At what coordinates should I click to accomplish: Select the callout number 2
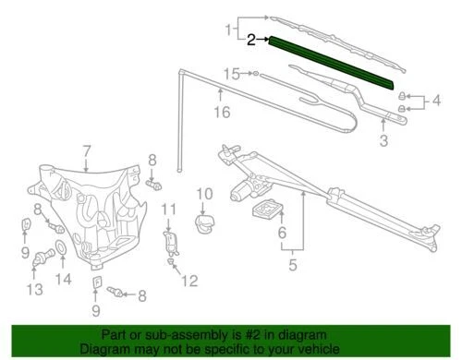[x=251, y=40]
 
